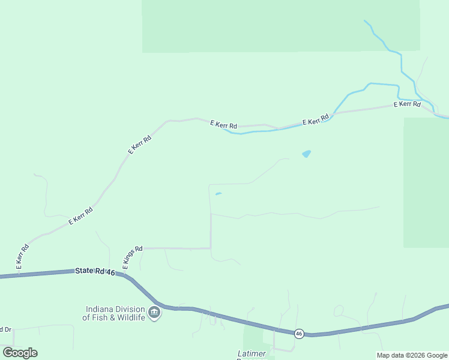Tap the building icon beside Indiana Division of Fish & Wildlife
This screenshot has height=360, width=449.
tap(154, 313)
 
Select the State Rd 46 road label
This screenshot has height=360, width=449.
tap(95, 271)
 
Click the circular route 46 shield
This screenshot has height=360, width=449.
tap(298, 333)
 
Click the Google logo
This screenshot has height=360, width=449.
tap(20, 353)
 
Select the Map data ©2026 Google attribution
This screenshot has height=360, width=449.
tap(412, 355)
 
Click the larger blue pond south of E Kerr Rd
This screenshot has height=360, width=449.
tap(307, 154)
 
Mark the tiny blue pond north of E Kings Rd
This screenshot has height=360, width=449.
tap(218, 193)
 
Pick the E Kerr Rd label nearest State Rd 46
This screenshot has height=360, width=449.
tap(22, 256)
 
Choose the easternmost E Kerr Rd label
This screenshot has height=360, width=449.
tap(406, 104)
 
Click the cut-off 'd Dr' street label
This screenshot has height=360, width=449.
tap(5, 329)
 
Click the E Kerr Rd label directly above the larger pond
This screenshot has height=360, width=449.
tap(316, 119)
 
